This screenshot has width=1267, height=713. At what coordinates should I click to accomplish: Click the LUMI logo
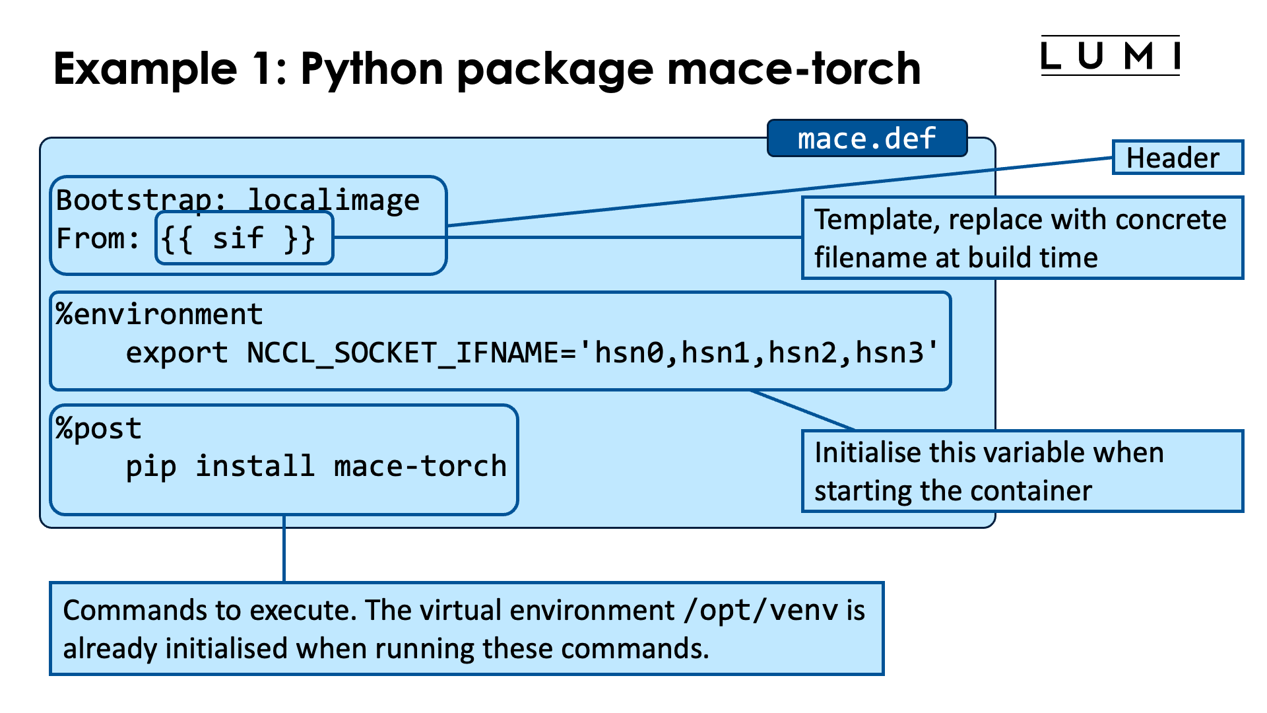[x=1110, y=55]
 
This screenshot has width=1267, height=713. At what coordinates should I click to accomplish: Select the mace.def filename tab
[x=866, y=139]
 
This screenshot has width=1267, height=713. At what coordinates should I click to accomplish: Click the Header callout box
[x=1177, y=158]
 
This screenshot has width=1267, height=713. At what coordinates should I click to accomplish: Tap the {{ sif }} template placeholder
[x=238, y=238]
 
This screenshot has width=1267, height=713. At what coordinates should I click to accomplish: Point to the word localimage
[x=333, y=200]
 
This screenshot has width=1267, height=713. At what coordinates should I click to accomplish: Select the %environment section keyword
[x=159, y=314]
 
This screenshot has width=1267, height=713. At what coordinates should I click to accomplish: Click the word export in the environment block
[x=176, y=353]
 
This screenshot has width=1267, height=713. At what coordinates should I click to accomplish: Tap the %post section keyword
[x=98, y=428]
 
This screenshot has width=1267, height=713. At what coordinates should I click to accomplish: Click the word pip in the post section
[x=150, y=467]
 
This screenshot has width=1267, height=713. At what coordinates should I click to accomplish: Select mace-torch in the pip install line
[x=420, y=467]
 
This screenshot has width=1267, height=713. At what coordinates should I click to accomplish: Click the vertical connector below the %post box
[x=284, y=548]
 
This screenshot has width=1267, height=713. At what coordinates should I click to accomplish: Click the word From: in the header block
[x=98, y=238]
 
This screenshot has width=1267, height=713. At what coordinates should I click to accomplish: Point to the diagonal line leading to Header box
[x=779, y=192]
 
